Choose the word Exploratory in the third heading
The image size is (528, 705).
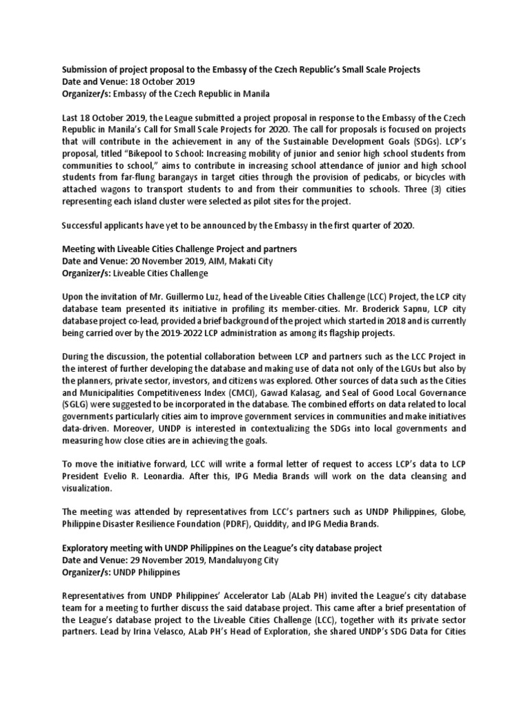click(x=88, y=547)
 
